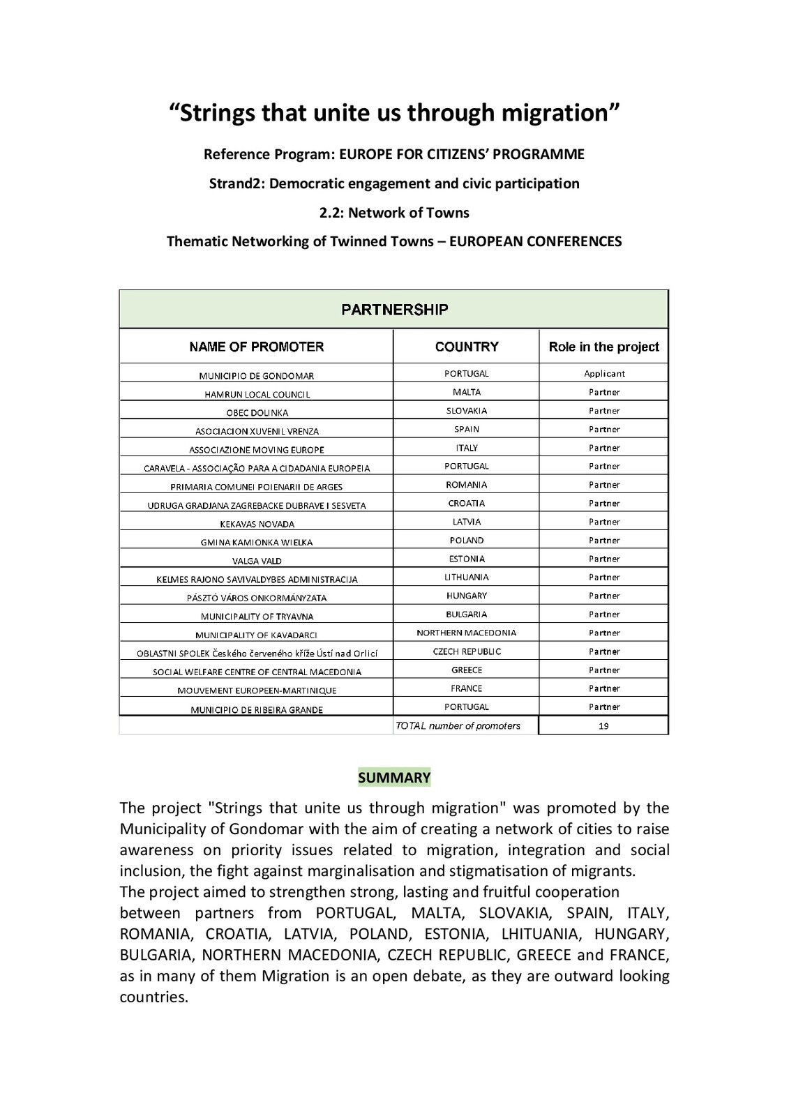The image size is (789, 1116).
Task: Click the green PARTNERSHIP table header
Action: pos(394,310)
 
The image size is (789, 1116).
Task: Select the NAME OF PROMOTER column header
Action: pos(256,347)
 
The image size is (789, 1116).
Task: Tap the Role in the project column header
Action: pos(603,347)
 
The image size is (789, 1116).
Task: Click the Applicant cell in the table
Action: pos(604,374)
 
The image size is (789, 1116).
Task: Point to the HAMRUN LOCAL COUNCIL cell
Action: pos(257,394)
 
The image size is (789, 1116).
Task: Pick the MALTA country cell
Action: pos(467,392)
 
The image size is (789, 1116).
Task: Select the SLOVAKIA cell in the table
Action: pos(467,411)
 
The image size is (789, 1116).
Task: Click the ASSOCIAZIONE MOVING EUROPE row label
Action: pos(257,450)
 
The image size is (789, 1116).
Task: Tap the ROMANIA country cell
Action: pos(467,485)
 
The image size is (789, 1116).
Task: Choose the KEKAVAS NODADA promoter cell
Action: pos(257,524)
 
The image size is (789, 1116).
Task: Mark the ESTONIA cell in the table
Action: pos(467,559)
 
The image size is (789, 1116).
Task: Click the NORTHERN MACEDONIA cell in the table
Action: pos(467,633)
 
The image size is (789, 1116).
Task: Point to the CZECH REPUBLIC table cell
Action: pos(467,651)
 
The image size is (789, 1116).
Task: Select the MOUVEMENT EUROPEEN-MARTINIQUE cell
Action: pos(257,691)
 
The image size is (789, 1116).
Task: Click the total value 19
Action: pos(604,726)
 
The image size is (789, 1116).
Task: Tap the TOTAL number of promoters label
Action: pos(458,726)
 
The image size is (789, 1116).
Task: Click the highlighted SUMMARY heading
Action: pos(394,778)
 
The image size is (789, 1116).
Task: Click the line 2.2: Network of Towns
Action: pos(394,213)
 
